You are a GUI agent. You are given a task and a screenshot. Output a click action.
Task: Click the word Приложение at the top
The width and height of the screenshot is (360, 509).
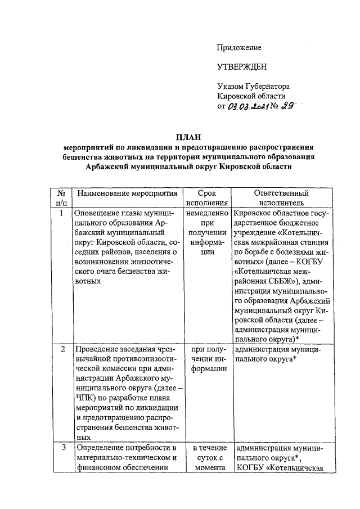click(x=239, y=48)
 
